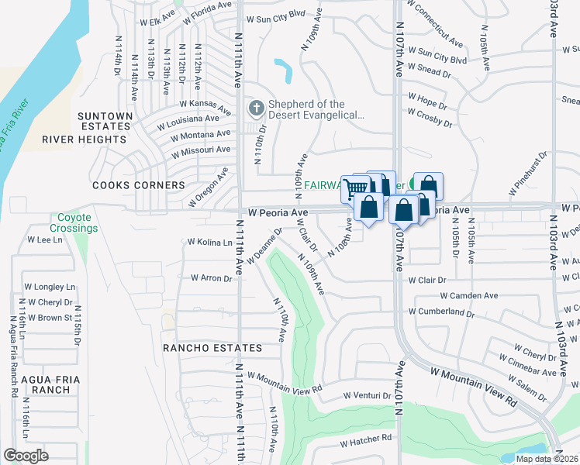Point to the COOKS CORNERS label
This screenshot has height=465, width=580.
[139, 186]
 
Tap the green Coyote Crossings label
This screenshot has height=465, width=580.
[74, 223]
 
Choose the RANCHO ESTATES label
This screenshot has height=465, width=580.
[212, 349]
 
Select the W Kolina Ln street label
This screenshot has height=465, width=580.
[210, 243]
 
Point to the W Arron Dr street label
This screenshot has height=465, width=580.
[212, 278]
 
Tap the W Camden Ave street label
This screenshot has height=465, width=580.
[469, 295]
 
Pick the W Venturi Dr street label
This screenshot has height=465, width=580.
[368, 396]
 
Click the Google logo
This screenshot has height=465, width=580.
[26, 455]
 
